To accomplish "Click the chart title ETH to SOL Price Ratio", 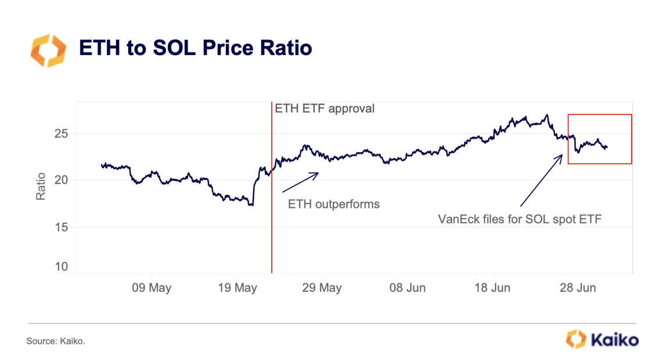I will click(x=195, y=48).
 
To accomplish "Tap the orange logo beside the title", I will click(x=49, y=49).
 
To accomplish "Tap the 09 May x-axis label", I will click(x=152, y=287).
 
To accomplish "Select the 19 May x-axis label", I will click(x=238, y=287).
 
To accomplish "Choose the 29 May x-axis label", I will click(x=322, y=287).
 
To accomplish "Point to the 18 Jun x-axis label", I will click(x=492, y=287).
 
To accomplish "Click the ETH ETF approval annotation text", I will click(x=325, y=109).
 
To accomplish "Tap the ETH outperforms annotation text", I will click(x=334, y=204).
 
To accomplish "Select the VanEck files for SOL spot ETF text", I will click(x=520, y=219).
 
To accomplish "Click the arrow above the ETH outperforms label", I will click(x=300, y=182).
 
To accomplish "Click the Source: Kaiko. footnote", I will click(x=56, y=341).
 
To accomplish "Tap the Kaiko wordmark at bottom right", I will click(x=614, y=339).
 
